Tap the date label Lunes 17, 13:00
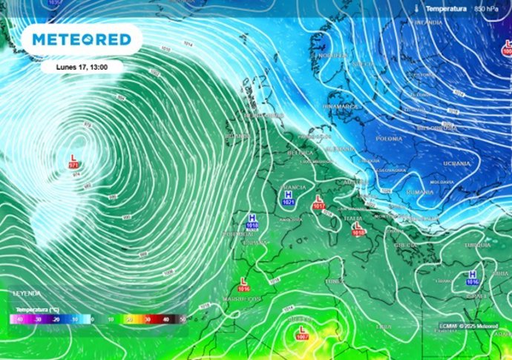click(82, 66)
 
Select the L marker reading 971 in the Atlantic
click(73, 161)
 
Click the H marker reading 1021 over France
click(288, 197)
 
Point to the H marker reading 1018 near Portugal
click(252, 220)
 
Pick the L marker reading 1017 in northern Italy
click(319, 201)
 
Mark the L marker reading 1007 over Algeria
click(302, 332)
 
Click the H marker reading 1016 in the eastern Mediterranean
click(472, 277)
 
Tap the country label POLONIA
click(389, 138)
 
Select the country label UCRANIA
click(456, 163)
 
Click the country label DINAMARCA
click(341, 107)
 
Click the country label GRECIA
click(405, 244)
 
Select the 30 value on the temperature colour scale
click(148, 318)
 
